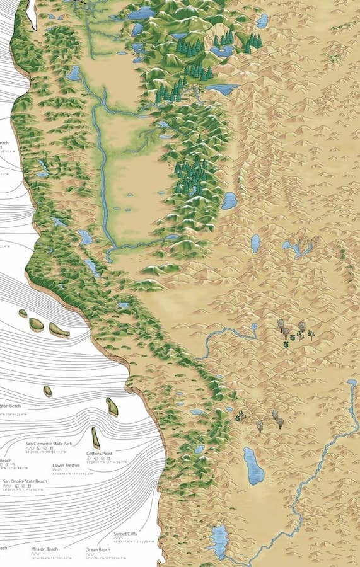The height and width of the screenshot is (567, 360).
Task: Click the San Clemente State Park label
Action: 49,444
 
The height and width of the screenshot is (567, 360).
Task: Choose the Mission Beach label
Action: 45,549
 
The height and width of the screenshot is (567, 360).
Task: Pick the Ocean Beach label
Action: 98,549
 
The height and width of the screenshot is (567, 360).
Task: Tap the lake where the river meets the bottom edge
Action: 219,541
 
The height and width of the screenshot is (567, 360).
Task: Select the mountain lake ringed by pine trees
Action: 222,50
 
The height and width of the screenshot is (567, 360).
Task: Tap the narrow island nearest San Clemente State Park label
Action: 95,437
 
